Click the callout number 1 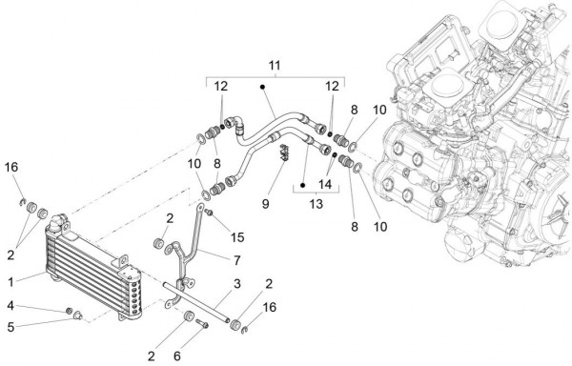click(10, 282)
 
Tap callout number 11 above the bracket click(275, 66)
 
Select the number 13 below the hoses click(316, 204)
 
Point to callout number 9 click(266, 204)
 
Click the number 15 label click(237, 237)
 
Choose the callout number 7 click(237, 260)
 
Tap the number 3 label click(237, 284)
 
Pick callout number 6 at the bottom click(177, 356)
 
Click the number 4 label click(10, 306)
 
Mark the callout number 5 click(10, 327)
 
